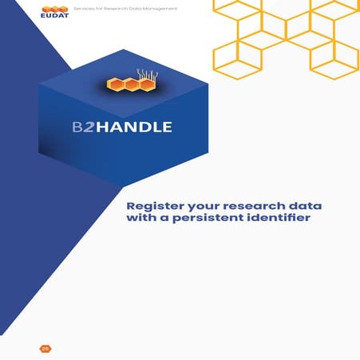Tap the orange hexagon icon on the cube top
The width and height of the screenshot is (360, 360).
[125, 85]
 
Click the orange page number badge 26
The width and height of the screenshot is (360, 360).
[45, 348]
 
